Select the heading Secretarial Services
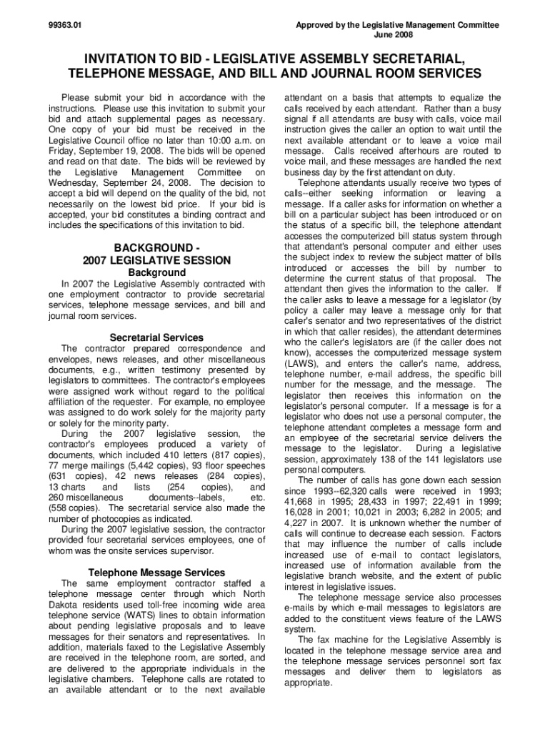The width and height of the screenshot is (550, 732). (156, 337)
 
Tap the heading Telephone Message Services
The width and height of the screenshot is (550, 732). (156, 573)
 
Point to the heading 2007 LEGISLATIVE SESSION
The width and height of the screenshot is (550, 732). (156, 260)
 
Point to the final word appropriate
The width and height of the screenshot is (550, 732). (309, 683)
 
